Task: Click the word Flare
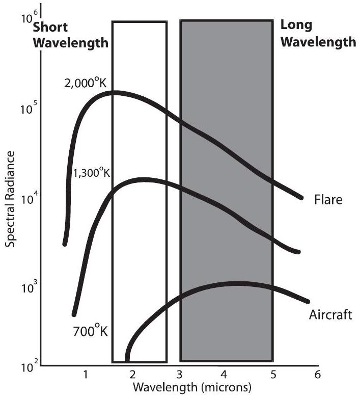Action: (328, 199)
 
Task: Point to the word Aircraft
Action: (330, 314)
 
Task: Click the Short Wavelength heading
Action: (71, 35)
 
